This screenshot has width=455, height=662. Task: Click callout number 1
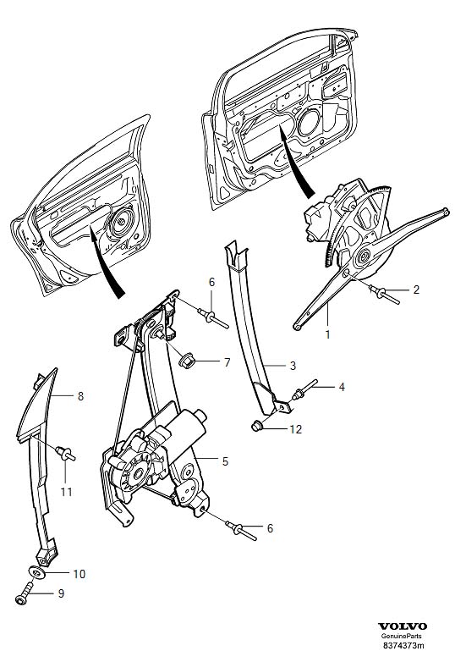tap(327, 334)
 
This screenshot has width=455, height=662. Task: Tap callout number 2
tap(416, 290)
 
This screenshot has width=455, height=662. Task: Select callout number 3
tap(293, 366)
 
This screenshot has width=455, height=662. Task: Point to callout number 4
tap(342, 387)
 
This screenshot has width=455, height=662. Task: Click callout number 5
tap(225, 461)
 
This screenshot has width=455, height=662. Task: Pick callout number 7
tap(227, 362)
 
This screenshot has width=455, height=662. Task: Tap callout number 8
tap(80, 396)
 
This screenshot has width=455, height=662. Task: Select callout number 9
tap(61, 593)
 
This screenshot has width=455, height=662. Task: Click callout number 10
tap(79, 574)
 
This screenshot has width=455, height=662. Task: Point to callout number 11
tap(67, 492)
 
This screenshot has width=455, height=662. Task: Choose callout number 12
tap(296, 429)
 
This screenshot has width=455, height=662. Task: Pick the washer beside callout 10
tap(36, 573)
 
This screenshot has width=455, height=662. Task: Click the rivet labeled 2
tap(383, 294)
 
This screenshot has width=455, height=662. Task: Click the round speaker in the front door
tap(310, 124)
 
